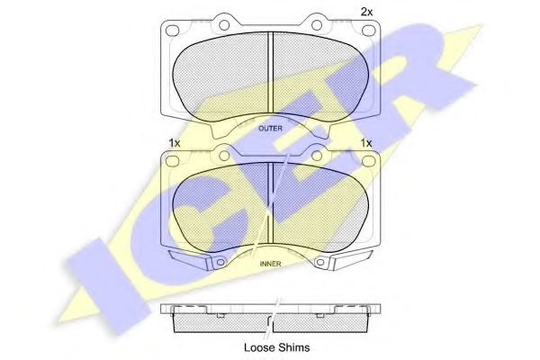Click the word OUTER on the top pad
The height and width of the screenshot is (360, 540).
(270, 129)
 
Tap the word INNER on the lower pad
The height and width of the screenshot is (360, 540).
(270, 264)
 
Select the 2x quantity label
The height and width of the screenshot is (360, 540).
(366, 13)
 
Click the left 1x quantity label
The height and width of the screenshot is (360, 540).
(175, 143)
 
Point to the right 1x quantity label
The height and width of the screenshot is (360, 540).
(365, 143)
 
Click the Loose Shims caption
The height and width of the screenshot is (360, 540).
(277, 347)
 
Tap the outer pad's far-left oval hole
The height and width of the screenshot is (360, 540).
(173, 31)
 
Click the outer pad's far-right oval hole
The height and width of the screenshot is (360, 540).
(368, 31)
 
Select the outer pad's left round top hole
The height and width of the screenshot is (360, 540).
(224, 25)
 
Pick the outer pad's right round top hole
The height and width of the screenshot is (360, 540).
(317, 25)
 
